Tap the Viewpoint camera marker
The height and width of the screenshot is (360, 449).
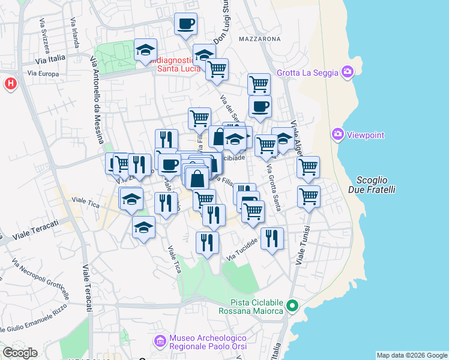[337, 134]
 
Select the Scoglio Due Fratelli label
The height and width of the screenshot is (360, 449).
[376, 185]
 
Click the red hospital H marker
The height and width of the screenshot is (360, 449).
[10, 83]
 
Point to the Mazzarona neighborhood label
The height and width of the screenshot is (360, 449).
[259, 39]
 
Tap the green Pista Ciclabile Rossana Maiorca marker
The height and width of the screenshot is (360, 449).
[292, 306]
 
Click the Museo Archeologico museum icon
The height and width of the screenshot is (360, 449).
[160, 342]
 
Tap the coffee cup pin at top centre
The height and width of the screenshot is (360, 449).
[185, 24]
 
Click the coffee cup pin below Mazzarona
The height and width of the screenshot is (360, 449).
[260, 107]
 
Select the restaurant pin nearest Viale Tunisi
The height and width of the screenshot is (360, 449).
[272, 238]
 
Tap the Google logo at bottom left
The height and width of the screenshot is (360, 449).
[20, 353]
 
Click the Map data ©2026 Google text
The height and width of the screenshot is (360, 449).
[411, 355]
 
